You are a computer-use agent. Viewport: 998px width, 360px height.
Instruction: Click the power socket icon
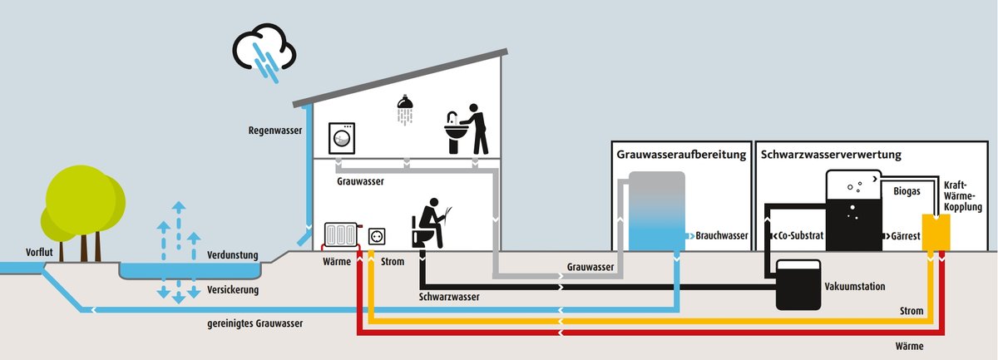(x=377, y=236)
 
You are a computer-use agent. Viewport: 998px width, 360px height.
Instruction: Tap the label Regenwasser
(x=275, y=131)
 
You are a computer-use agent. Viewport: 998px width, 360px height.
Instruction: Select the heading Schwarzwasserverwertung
(x=831, y=155)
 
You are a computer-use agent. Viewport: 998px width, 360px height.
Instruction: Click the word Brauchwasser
(x=722, y=236)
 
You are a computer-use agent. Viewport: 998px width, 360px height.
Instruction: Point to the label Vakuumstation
(x=854, y=286)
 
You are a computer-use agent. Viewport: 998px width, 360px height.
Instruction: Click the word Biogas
(x=907, y=192)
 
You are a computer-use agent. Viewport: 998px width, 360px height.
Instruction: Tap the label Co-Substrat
(x=798, y=236)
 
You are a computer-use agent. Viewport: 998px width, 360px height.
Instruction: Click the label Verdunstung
(x=233, y=255)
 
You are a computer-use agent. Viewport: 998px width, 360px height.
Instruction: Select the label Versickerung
(x=233, y=290)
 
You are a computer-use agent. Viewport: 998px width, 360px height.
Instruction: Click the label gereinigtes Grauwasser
(x=255, y=323)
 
